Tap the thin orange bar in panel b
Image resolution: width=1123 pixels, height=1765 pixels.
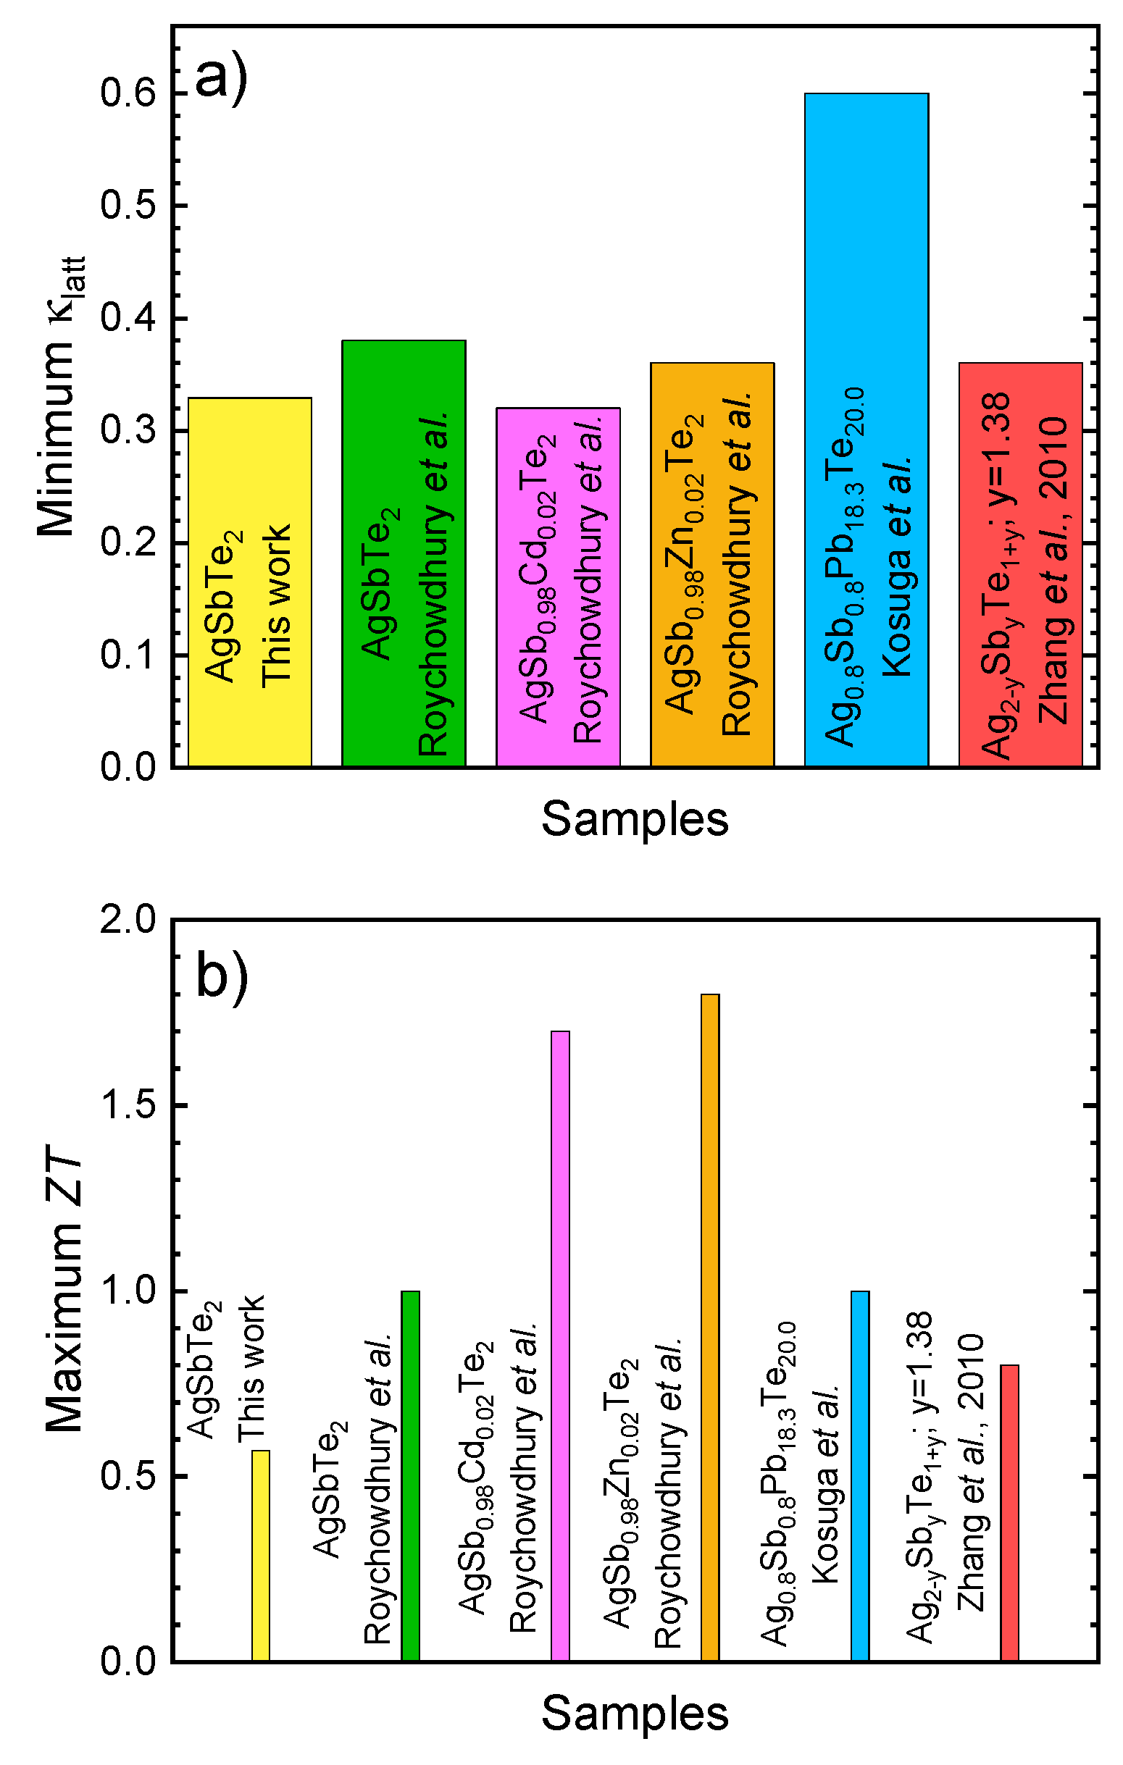click(709, 1320)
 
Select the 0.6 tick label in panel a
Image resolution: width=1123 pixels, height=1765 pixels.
click(128, 94)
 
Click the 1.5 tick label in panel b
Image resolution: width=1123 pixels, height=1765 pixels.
click(128, 1105)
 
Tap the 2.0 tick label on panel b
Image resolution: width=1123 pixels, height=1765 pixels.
click(128, 919)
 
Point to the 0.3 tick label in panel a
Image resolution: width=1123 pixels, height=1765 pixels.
click(128, 430)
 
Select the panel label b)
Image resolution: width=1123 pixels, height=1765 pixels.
click(222, 976)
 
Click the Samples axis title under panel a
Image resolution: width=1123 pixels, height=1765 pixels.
click(635, 819)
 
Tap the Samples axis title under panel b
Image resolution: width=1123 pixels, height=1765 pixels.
click(635, 1714)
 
